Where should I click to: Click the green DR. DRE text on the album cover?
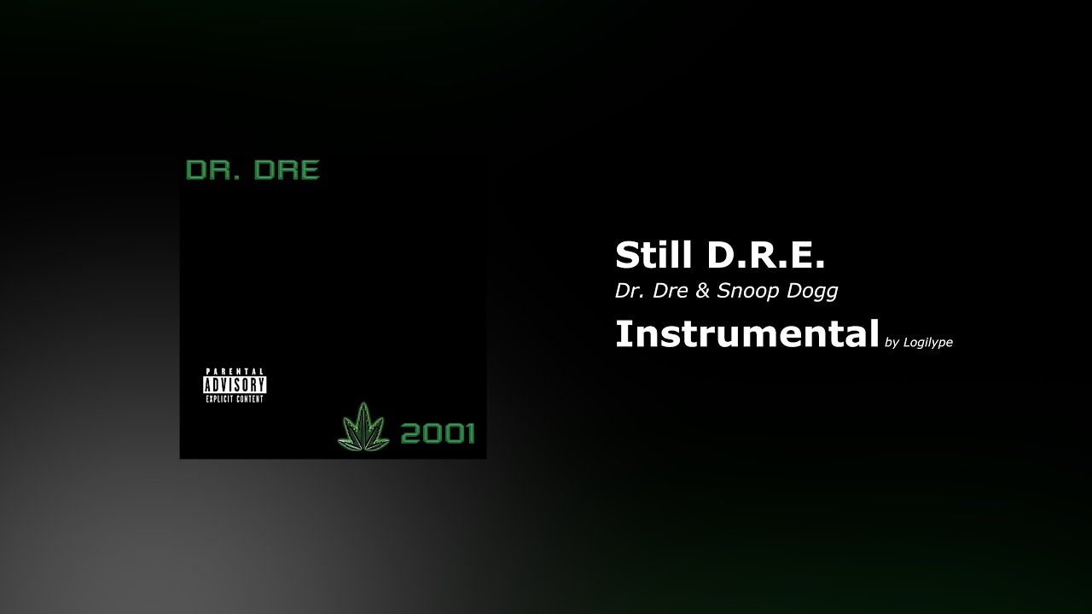coord(253,170)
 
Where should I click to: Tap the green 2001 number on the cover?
coord(437,433)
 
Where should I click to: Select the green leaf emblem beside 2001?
coord(363,426)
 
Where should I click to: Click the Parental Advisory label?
coord(235,385)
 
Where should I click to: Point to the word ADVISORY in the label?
coord(235,385)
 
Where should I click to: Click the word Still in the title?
coord(652,255)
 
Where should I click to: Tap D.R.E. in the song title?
coord(765,255)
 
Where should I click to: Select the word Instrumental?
coord(746,333)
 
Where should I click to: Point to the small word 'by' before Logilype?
coord(892,343)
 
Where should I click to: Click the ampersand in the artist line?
coord(702,291)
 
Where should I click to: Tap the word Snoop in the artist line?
coord(745,291)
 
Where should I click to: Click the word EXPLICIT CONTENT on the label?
coord(235,398)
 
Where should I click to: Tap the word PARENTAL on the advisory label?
coord(235,372)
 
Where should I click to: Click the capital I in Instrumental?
coord(620,333)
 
